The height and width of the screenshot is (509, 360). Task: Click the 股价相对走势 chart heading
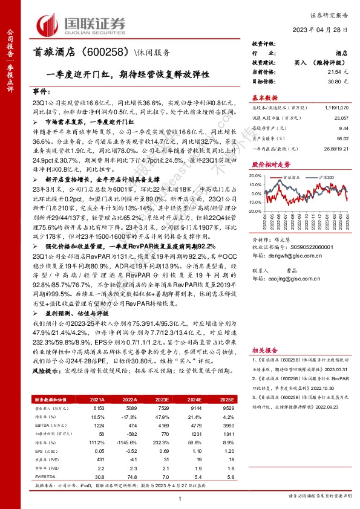[267, 164]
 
